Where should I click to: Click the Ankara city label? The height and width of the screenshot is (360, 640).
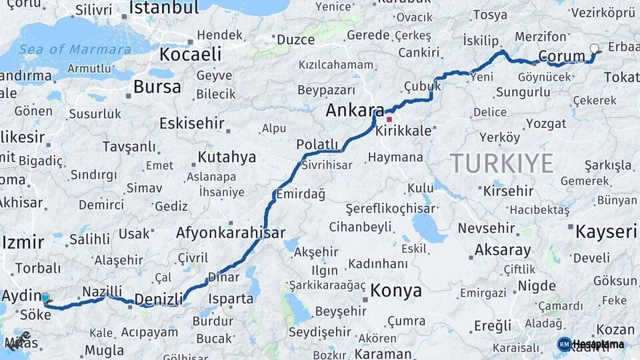[x=355, y=111]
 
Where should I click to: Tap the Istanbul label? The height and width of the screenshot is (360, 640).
[x=164, y=8]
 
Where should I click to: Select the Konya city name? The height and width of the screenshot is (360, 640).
[x=396, y=291]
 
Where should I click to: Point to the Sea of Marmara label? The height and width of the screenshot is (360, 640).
[x=65, y=49]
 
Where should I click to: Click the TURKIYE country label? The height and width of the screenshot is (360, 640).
[x=501, y=163]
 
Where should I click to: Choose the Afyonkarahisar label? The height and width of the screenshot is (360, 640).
[x=230, y=233]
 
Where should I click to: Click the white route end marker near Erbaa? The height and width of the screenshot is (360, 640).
[x=595, y=48]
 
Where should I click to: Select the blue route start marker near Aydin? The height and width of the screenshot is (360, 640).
[x=45, y=298]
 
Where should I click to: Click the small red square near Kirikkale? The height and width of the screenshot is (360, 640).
[x=389, y=119]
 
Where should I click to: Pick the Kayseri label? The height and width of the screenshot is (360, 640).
[x=605, y=231]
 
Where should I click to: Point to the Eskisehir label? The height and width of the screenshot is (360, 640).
[x=192, y=123]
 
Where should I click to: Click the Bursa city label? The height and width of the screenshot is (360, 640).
[x=157, y=87]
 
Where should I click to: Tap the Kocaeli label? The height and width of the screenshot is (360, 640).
[x=190, y=54]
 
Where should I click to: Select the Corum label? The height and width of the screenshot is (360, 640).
[x=561, y=56]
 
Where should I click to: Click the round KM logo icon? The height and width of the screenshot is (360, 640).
[x=564, y=344]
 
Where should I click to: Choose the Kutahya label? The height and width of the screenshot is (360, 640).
[x=227, y=157]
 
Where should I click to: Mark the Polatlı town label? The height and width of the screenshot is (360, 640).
[x=317, y=145]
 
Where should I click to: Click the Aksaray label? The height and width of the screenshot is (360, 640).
[x=503, y=251]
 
